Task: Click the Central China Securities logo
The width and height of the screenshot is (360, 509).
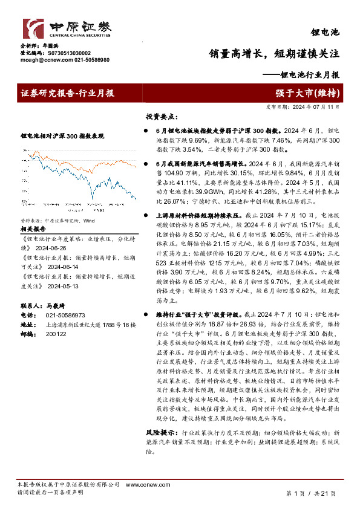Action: click(x=67, y=29)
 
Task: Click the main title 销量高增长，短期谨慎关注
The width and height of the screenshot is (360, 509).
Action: click(x=274, y=54)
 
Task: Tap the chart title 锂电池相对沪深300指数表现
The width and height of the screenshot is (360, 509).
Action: click(x=62, y=136)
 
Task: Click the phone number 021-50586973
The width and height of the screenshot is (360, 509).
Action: click(x=65, y=315)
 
